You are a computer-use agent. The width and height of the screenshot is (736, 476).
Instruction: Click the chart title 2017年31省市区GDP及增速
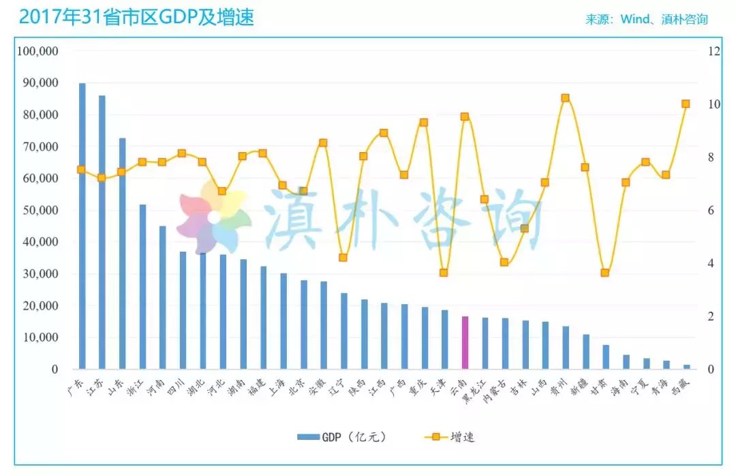coord(136,17)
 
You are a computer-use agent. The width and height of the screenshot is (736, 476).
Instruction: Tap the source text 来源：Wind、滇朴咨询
coord(646,19)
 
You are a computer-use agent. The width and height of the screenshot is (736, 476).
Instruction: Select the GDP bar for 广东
coord(82,225)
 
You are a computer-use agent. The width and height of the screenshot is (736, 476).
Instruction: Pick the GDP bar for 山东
coord(123,253)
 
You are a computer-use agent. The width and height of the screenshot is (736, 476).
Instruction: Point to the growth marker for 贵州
coord(565,98)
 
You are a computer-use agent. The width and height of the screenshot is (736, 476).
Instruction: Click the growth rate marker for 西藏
coord(686,104)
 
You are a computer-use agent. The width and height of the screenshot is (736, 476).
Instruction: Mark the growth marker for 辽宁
coord(343,258)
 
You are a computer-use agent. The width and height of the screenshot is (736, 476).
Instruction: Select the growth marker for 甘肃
coord(604,273)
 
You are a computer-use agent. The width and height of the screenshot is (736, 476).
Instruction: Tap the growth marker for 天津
coord(444,273)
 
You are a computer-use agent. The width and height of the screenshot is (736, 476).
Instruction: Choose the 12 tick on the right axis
coord(714,51)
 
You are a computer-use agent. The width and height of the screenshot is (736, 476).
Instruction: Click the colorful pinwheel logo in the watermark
coord(213,217)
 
